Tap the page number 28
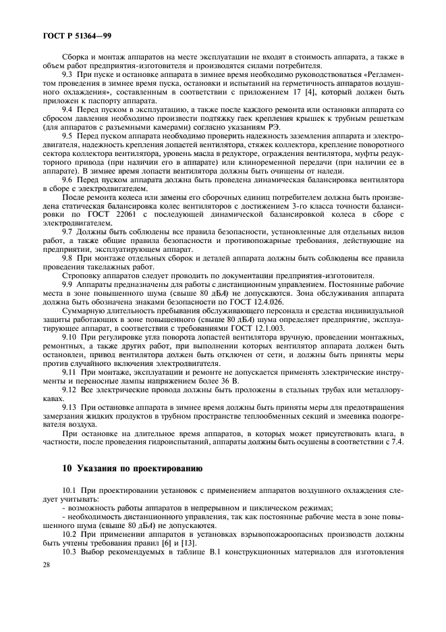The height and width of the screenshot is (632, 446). [48, 601]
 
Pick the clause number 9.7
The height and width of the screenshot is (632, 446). [69, 232]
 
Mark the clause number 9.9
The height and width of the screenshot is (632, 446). [69, 285]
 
